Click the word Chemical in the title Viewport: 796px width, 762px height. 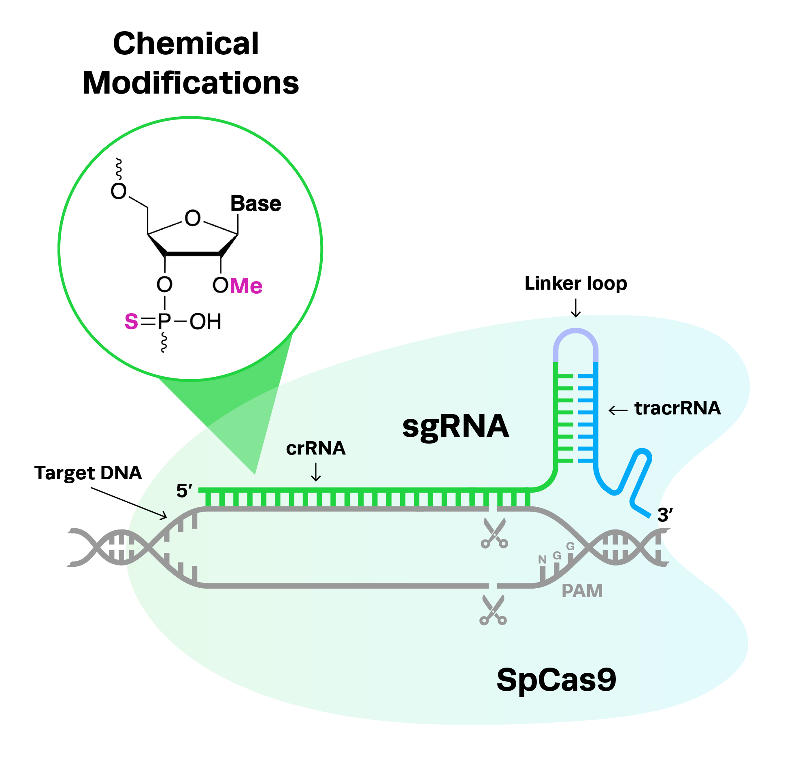click(185, 43)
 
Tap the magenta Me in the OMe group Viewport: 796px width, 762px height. click(246, 286)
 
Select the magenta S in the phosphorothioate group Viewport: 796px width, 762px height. click(131, 321)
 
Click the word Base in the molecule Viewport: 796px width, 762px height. click(256, 203)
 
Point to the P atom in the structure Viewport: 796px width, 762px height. click(164, 321)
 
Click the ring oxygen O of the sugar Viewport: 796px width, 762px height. click(192, 218)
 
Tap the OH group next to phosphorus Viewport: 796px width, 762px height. click(205, 321)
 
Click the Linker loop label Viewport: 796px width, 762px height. click(576, 283)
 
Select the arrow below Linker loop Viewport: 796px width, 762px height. click(576, 308)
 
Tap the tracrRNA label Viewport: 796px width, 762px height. click(677, 408)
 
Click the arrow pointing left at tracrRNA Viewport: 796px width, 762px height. click(618, 411)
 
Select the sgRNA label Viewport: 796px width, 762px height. click(455, 427)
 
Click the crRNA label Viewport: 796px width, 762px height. click(315, 448)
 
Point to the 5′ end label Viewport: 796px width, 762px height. click(184, 490)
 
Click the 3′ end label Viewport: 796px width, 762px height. click(665, 514)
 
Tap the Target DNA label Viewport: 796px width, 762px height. click(88, 472)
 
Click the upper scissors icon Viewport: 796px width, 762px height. click(494, 532)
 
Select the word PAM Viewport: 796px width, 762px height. click(582, 591)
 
